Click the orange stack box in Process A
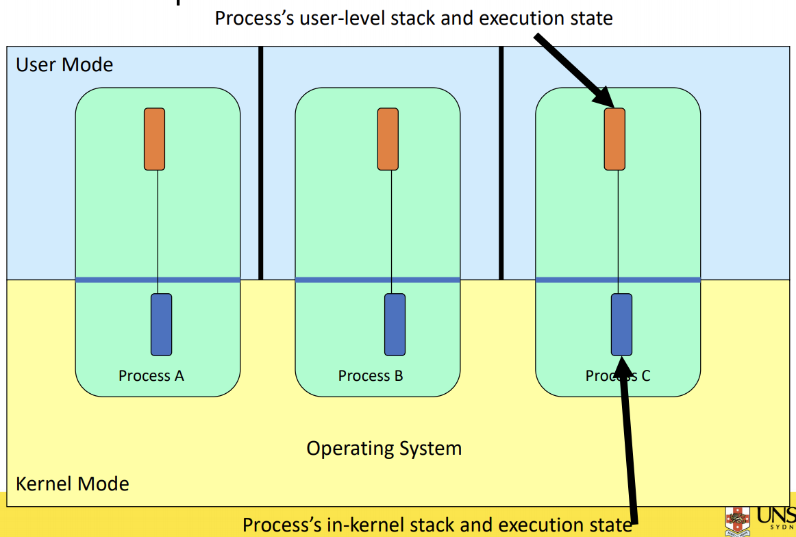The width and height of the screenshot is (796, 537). tap(154, 139)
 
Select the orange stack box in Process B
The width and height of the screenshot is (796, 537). tap(388, 139)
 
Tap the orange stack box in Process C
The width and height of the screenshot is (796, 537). tap(614, 139)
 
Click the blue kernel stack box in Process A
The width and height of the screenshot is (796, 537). tap(161, 324)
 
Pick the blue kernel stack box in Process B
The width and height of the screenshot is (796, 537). tap(395, 324)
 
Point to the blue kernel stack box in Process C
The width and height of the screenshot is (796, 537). tap(621, 324)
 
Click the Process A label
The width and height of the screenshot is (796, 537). tap(151, 375)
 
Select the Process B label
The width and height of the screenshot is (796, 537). tap(371, 375)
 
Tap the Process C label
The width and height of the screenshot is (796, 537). tap(618, 375)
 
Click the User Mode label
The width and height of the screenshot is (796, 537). tap(64, 65)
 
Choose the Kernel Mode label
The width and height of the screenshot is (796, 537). tap(72, 484)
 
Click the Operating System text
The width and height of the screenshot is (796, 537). tap(384, 449)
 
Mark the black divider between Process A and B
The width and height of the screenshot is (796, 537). tap(261, 163)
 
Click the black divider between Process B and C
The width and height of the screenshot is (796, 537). tap(501, 163)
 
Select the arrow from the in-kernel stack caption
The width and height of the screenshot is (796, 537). tap(628, 445)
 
